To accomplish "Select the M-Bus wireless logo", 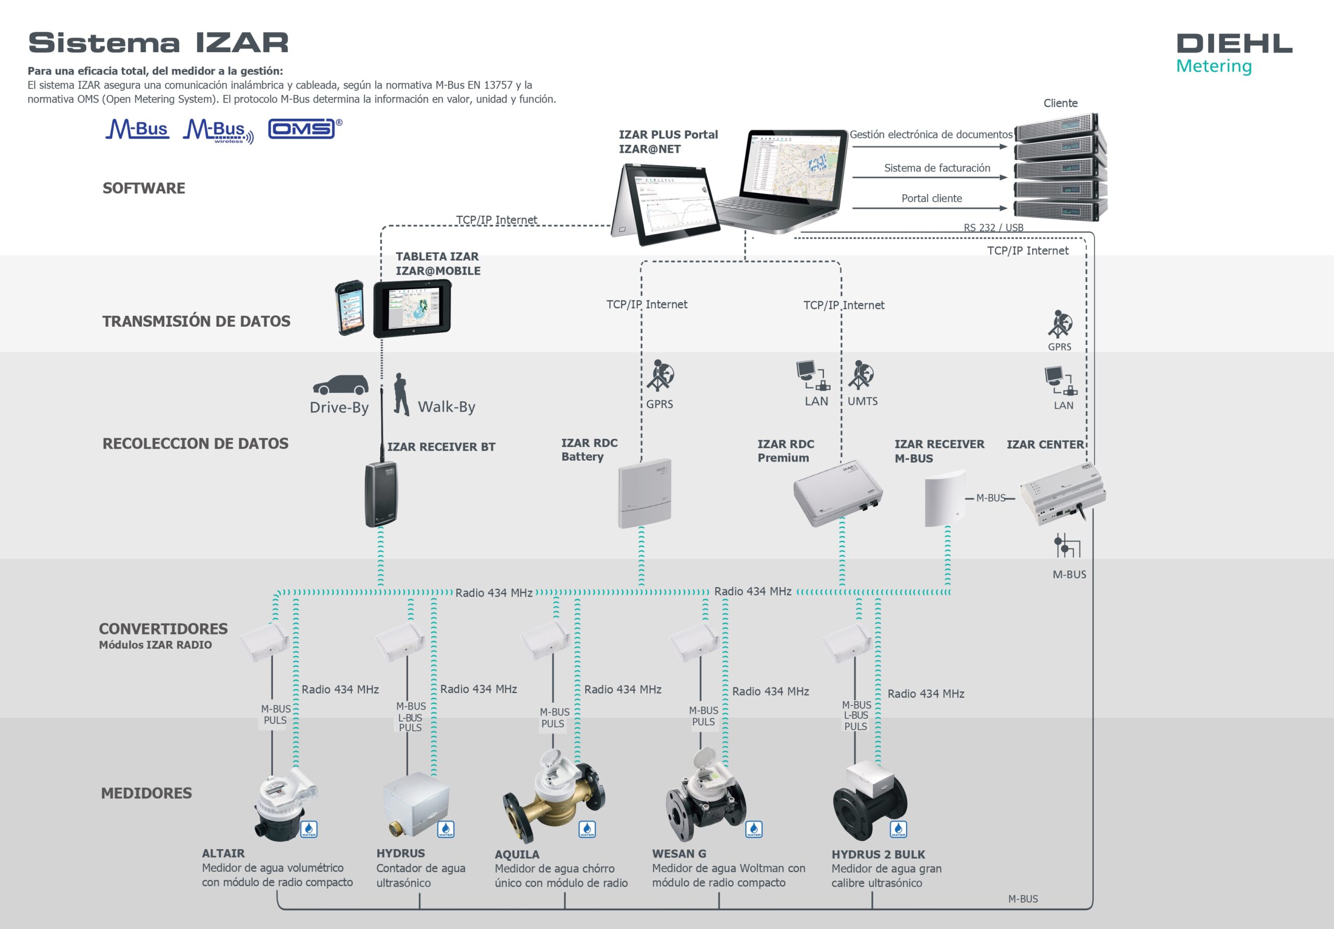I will click(x=218, y=131).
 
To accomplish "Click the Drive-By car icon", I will click(x=340, y=385).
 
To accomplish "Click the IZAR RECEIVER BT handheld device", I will click(x=381, y=494).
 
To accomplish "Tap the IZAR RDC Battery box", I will click(x=645, y=494).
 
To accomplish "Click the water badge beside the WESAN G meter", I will click(x=754, y=829).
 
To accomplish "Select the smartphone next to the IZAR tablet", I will click(x=350, y=308).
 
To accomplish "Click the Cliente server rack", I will click(x=1060, y=167).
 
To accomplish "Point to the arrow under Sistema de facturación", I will click(x=929, y=177).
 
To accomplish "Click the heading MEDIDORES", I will click(x=146, y=793).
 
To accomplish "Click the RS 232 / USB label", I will click(x=994, y=228).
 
